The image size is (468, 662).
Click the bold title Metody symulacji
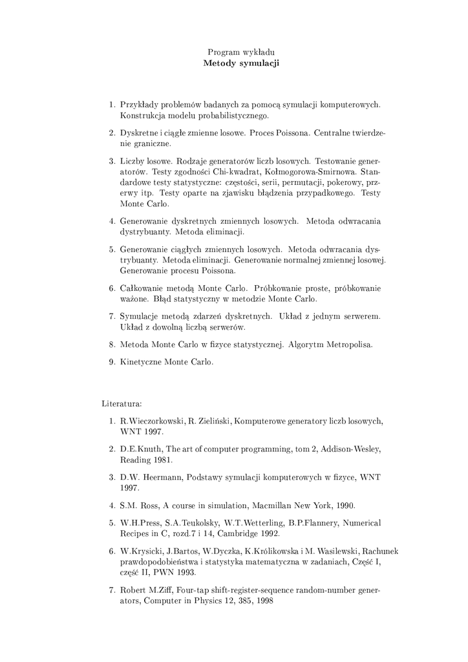click(x=240, y=63)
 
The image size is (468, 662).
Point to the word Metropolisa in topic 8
click(x=349, y=345)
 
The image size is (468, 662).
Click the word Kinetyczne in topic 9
click(x=140, y=362)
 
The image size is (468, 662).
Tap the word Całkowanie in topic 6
click(x=142, y=288)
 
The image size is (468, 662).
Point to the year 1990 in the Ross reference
click(x=343, y=506)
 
